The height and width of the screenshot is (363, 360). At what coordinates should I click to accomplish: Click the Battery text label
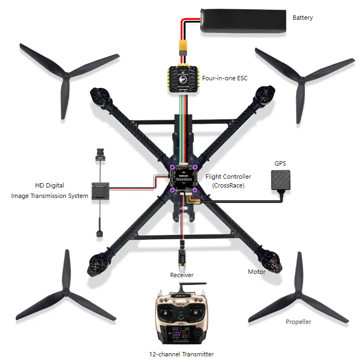point(302,18)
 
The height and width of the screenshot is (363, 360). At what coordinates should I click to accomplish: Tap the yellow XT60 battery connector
point(181,48)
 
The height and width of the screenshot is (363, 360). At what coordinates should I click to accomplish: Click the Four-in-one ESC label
point(224,78)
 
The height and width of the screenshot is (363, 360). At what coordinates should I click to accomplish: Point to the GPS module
point(281,180)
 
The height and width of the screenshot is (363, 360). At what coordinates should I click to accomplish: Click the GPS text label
point(280,163)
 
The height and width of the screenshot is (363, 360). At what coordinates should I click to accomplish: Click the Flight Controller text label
point(228,177)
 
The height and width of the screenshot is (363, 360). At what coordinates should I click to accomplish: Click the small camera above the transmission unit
point(99,153)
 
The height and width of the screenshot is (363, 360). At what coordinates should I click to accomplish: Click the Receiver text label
point(181,274)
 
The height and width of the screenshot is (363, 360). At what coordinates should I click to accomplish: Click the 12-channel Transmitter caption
point(181,354)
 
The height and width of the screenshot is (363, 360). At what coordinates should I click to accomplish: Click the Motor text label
point(256,272)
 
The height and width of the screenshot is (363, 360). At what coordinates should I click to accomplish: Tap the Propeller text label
point(298,322)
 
